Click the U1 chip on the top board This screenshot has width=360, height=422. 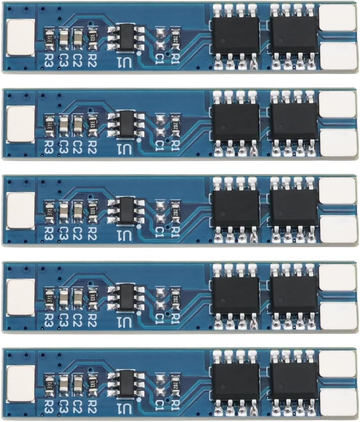tap(125, 38)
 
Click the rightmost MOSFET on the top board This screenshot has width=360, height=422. tap(294, 36)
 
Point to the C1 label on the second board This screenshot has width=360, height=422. tap(160, 146)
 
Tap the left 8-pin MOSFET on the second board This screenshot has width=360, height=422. tap(236, 122)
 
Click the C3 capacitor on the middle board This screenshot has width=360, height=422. tap(64, 211)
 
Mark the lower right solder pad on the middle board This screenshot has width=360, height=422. tap(338, 229)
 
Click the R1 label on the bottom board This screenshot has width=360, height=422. tap(175, 405)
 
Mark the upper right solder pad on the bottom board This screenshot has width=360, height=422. tap(338, 364)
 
